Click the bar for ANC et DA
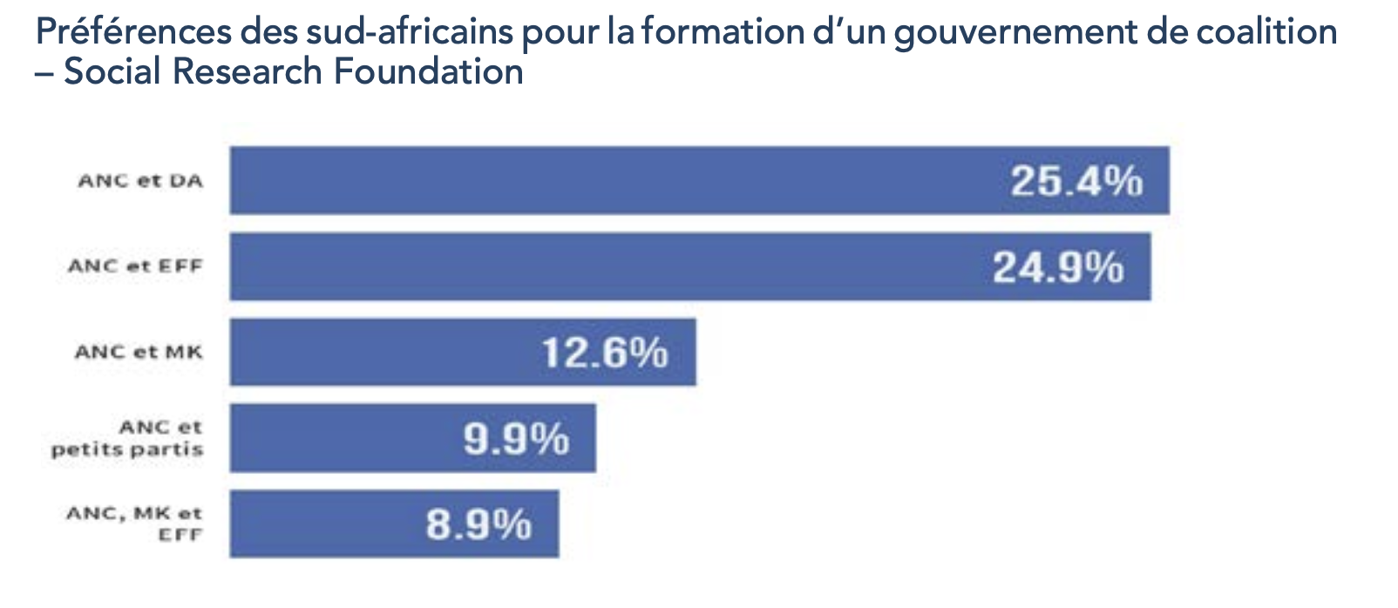tap(610, 180)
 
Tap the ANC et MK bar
tap(383, 352)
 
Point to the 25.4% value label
tap(1076, 181)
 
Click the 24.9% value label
tap(1058, 267)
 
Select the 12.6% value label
tap(604, 353)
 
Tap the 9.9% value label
tap(516, 438)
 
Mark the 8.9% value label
tap(478, 524)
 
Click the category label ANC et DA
tap(140, 181)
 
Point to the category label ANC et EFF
tap(135, 267)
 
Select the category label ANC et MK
tap(139, 352)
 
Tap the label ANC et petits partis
tap(127, 438)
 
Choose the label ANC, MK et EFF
tap(134, 524)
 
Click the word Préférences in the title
tap(134, 32)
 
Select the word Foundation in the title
tap(429, 71)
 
